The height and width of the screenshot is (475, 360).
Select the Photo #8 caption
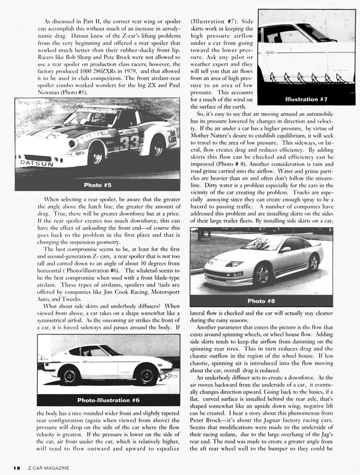[x=261, y=301]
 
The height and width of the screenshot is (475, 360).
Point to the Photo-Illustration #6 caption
[x=108, y=400]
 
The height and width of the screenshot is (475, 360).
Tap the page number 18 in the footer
[x=17, y=468]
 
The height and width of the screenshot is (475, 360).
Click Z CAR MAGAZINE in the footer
[x=49, y=468]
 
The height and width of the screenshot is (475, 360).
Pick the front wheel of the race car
[x=96, y=154]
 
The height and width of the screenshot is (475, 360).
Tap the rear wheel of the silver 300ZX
[x=313, y=262]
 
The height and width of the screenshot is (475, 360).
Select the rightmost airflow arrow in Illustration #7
[x=340, y=79]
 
